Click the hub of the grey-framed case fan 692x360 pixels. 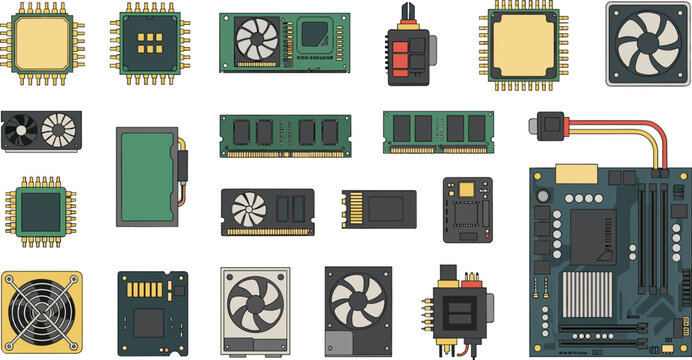(646, 43)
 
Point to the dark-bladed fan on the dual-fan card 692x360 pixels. (23, 131)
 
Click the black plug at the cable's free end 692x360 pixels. (549, 125)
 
